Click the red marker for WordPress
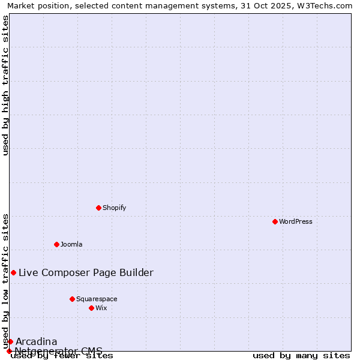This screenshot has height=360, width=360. point(275,221)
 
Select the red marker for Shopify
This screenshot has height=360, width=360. point(99,208)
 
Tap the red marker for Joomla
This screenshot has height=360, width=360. point(57,244)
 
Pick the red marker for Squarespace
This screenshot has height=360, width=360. point(73,299)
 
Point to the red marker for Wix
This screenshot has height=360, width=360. point(92,308)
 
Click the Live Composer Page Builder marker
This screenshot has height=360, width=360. point(13,272)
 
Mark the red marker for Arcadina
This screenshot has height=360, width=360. point(10,341)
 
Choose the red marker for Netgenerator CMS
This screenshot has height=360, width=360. point(9,351)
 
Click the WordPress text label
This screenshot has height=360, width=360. point(296,221)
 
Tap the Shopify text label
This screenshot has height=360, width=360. point(114,208)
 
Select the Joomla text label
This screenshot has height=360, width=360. point(71,244)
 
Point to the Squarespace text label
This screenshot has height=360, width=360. point(97,299)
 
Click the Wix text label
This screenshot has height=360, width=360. point(101,308)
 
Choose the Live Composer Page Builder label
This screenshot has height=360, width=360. point(86,272)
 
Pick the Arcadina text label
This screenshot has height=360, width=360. point(36,341)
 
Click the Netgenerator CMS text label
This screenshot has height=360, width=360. point(58,351)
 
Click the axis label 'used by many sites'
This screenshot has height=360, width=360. point(301,356)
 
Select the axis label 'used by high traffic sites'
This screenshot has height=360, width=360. point(5,85)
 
